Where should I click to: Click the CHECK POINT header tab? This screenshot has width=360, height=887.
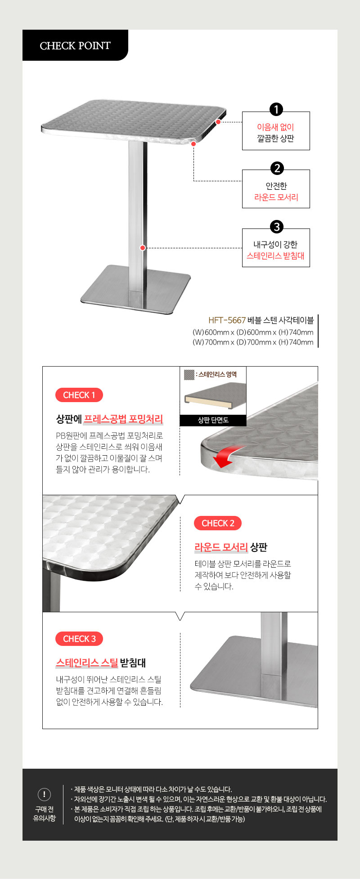[x=75, y=45]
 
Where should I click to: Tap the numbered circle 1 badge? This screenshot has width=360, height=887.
[x=276, y=109]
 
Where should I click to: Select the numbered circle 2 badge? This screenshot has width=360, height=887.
[x=277, y=168]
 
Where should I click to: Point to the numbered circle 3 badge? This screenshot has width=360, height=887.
[x=277, y=227]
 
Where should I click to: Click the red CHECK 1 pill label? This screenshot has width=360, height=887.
[x=79, y=395]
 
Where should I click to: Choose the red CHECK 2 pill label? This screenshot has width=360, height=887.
[x=218, y=523]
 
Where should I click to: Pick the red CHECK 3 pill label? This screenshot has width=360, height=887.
[x=79, y=639]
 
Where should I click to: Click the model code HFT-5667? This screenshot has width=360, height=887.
[x=227, y=320]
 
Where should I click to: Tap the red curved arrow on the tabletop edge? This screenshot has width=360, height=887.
[x=228, y=456]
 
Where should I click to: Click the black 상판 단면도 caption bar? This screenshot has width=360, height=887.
[x=213, y=420]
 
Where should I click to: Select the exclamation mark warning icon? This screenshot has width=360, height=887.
[x=44, y=794]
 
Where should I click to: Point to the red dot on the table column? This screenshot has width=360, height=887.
[x=143, y=248]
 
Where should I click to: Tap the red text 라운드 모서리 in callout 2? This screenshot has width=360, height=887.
[x=276, y=197]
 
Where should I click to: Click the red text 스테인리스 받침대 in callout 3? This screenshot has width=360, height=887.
[x=275, y=255]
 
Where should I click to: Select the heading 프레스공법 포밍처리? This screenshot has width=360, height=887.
[x=123, y=419]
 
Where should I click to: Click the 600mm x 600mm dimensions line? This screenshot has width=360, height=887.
[x=253, y=332]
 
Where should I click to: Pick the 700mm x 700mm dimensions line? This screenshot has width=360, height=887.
[x=253, y=342]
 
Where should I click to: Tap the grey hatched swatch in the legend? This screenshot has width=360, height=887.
[x=189, y=374]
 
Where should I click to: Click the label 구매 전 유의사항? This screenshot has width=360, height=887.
[x=44, y=814]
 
